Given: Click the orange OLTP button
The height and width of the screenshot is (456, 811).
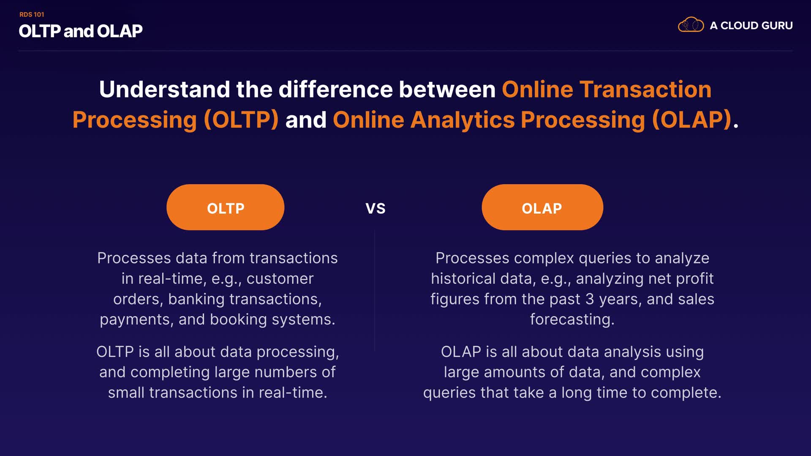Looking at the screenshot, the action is pyautogui.click(x=225, y=207).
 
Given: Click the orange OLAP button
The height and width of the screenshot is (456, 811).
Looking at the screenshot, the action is pyautogui.click(x=542, y=207).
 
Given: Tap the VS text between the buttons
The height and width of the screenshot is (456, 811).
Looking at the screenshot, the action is pyautogui.click(x=376, y=209).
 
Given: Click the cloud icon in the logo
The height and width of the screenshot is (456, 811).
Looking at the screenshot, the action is pyautogui.click(x=691, y=25).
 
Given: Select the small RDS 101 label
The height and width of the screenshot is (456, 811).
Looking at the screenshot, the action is pyautogui.click(x=32, y=14).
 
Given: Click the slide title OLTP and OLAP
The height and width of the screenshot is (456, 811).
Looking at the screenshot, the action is pyautogui.click(x=81, y=31).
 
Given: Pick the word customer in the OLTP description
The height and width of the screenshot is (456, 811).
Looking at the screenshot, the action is pyautogui.click(x=280, y=279).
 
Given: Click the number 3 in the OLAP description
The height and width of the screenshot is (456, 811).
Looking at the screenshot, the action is pyautogui.click(x=590, y=299).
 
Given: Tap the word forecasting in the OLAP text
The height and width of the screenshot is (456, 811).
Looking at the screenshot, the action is pyautogui.click(x=572, y=320).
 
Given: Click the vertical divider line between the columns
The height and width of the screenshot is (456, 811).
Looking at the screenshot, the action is pyautogui.click(x=375, y=291).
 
